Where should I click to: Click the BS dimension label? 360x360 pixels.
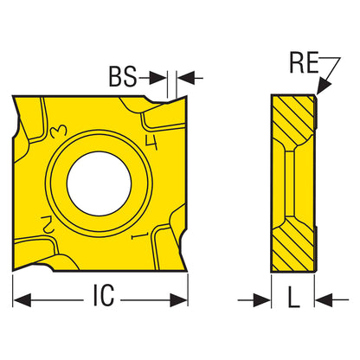coord(123,77)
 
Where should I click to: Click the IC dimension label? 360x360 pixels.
coord(104,295)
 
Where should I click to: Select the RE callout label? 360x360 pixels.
coord(304,62)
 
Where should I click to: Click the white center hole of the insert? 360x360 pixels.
coord(99,183)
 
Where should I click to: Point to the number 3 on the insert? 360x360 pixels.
coord(59,132)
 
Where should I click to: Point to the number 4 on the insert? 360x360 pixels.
coord(151,143)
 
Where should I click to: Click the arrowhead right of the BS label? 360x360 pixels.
coord(158,78)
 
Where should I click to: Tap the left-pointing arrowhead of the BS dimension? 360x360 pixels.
coord(184,78)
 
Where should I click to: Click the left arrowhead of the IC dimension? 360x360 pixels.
coord(22,300)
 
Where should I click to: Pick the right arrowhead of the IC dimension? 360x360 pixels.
coord(179,300)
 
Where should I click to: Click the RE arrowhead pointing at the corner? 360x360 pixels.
coord(323,86)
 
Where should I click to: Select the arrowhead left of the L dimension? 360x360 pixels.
coord(262,300)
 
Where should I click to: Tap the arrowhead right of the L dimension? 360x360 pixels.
coord(324,300)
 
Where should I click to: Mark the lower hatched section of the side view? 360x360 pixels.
coord(293,245)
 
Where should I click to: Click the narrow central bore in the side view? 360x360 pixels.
coord(290,183)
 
